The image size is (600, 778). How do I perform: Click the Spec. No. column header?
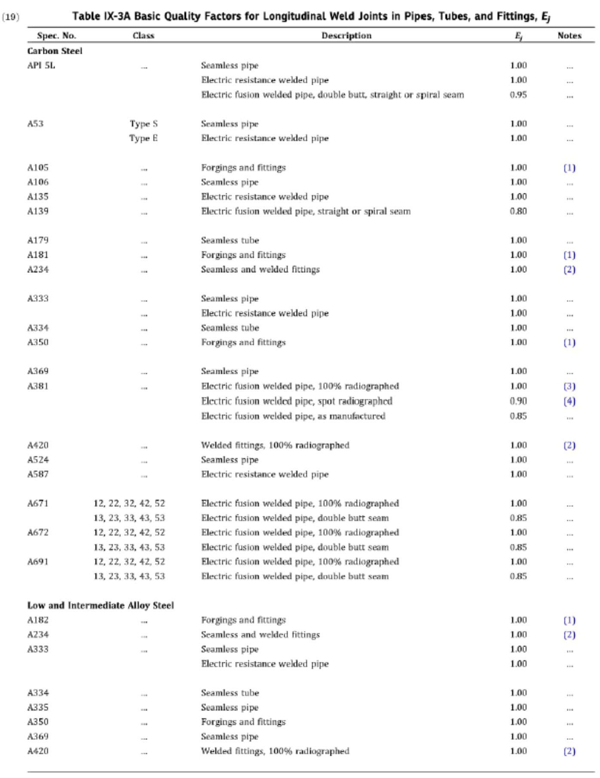click(x=56, y=36)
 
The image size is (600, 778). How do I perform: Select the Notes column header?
click(x=569, y=36)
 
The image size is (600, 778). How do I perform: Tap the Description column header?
click(x=346, y=36)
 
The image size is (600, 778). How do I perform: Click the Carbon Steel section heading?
click(x=55, y=51)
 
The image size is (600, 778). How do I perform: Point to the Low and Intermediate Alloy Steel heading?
click(x=101, y=605)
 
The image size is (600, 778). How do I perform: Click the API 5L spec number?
click(x=41, y=65)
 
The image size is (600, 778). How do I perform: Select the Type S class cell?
click(x=144, y=124)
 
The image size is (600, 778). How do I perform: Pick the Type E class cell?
click(x=144, y=138)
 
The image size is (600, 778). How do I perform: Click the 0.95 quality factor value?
click(x=518, y=95)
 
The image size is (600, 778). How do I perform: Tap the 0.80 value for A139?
click(x=518, y=211)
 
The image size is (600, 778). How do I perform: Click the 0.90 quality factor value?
click(x=518, y=401)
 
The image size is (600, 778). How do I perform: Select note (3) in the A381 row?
click(x=569, y=386)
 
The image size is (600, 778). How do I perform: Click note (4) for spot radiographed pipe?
click(x=569, y=401)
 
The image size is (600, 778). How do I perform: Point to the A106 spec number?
click(x=38, y=182)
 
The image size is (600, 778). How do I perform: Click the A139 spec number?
click(x=38, y=211)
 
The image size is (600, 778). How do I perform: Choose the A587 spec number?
click(x=38, y=474)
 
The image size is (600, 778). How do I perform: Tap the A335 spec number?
click(x=38, y=707)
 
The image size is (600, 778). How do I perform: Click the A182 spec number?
click(x=38, y=620)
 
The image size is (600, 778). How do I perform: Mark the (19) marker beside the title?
click(x=11, y=17)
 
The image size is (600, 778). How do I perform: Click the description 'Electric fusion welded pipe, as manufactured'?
click(x=293, y=416)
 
